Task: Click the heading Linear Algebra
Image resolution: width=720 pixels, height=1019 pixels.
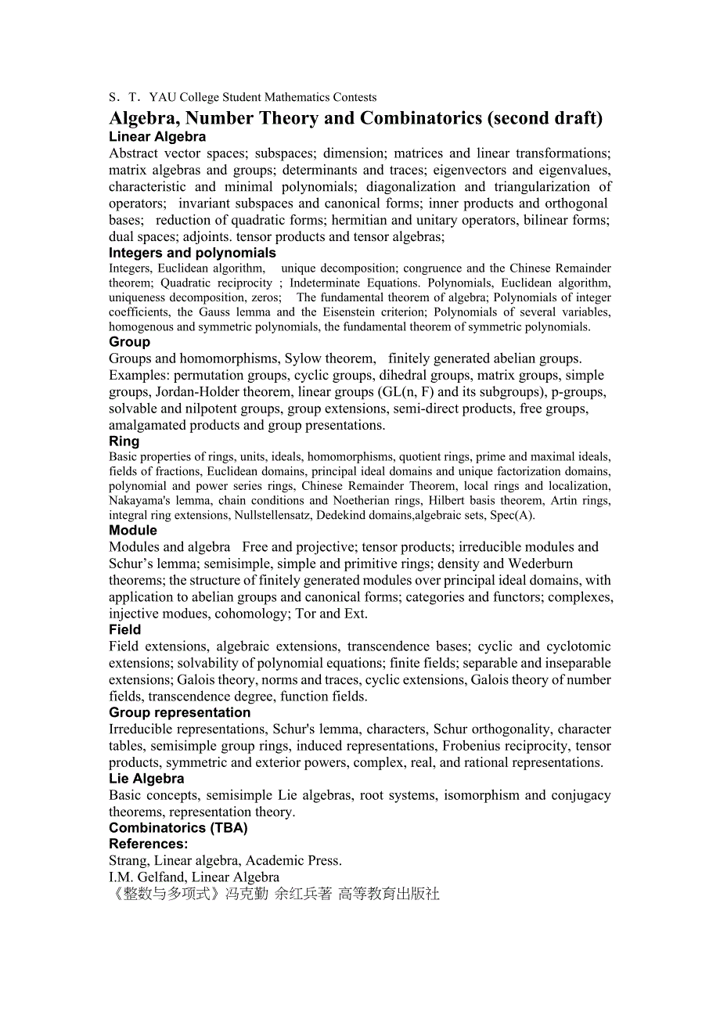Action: [x=157, y=137]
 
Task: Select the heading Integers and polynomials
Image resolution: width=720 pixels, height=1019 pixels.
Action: [x=192, y=253]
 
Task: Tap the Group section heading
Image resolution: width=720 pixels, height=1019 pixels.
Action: [x=129, y=342]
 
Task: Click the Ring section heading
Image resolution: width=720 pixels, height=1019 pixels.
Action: [x=124, y=441]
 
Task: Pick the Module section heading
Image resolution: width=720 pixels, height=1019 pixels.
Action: [x=133, y=531]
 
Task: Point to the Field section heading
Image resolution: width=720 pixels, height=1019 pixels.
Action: [x=125, y=630]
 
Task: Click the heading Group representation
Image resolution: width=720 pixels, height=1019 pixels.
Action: [x=179, y=713]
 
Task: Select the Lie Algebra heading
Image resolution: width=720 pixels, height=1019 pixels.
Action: [x=146, y=780]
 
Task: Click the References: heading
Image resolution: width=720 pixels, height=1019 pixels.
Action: [x=148, y=844]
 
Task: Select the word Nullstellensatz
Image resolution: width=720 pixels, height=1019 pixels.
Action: [x=269, y=516]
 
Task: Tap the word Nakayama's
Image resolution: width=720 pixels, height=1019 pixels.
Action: [x=137, y=501]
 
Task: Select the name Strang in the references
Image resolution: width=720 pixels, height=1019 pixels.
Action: [x=128, y=861]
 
